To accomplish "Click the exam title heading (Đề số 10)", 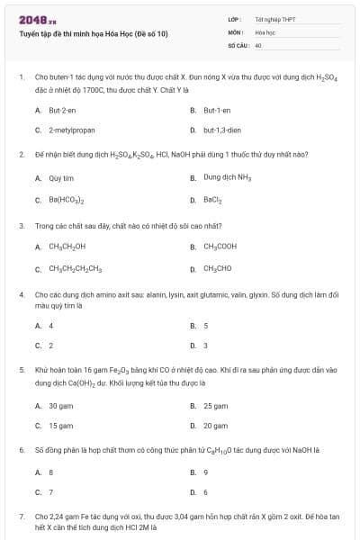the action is pyautogui.click(x=93, y=34).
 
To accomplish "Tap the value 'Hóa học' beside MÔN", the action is pyautogui.click(x=265, y=31).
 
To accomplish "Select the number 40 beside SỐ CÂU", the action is pyautogui.click(x=258, y=44).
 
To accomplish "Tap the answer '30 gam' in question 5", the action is pyautogui.click(x=61, y=406).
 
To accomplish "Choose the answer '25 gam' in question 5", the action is pyautogui.click(x=215, y=406).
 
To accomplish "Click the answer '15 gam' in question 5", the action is pyautogui.click(x=61, y=426).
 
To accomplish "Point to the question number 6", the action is pyautogui.click(x=21, y=447).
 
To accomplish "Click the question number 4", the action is pyautogui.click(x=21, y=294).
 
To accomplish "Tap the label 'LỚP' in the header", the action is pyautogui.click(x=233, y=19).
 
